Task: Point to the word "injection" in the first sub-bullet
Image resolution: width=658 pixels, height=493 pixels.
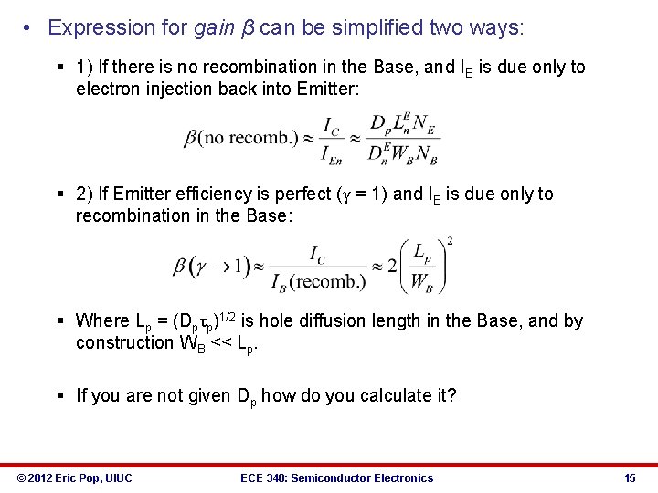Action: [x=171, y=89]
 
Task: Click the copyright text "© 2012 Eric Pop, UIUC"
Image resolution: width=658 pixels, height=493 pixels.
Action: [x=74, y=477]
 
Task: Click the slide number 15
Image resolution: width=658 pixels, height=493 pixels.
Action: [x=630, y=477]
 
